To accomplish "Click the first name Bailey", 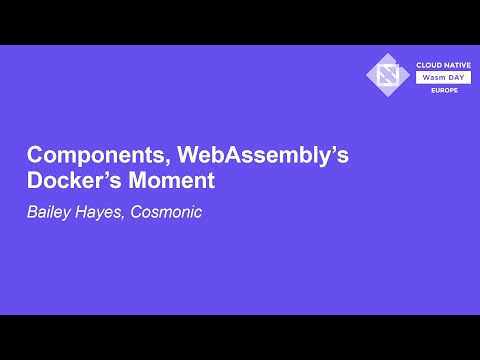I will (x=49, y=212).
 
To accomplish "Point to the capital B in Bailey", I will (x=32, y=212).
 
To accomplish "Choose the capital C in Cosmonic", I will (x=135, y=212).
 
